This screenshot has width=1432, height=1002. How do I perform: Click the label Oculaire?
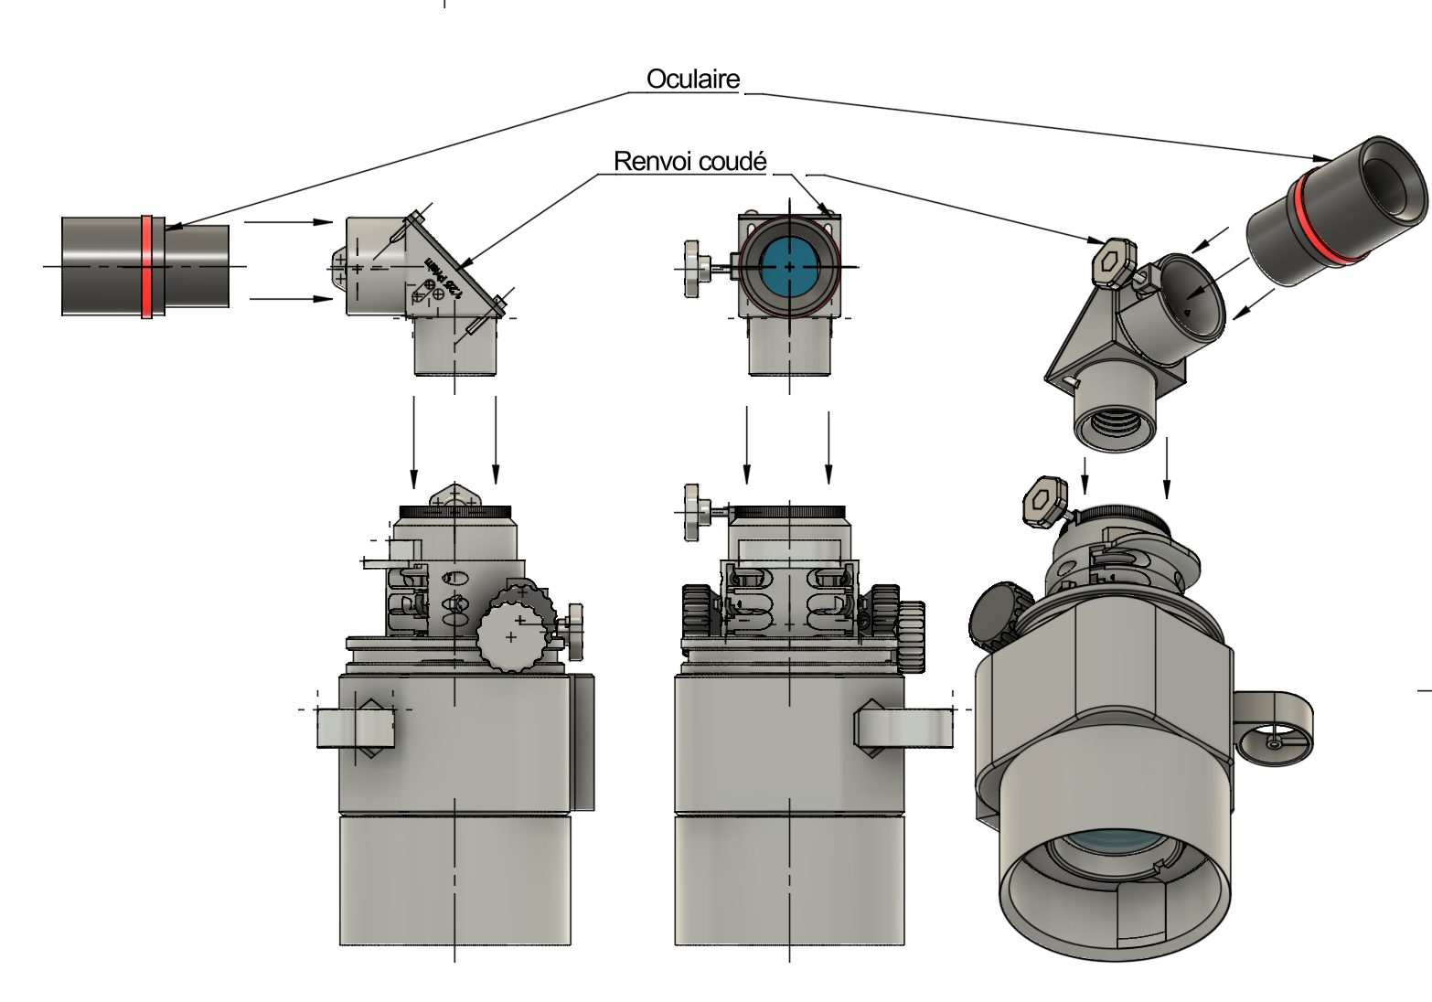click(692, 80)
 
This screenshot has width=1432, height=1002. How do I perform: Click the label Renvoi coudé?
click(689, 162)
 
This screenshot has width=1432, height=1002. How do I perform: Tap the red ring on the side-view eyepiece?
click(146, 266)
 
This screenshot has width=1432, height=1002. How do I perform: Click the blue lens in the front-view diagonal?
click(788, 266)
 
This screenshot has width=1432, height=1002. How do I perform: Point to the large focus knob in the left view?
click(515, 629)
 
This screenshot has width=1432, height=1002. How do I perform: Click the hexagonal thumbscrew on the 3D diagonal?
click(1113, 262)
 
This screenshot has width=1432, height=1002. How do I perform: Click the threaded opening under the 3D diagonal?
click(1114, 428)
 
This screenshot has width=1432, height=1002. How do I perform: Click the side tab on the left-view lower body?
click(356, 728)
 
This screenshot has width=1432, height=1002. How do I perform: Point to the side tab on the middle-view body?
click(903, 728)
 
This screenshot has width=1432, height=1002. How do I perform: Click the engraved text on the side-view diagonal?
click(443, 280)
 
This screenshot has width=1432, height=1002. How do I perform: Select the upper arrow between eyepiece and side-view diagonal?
click(287, 221)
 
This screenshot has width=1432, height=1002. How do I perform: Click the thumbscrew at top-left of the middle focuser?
click(696, 511)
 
